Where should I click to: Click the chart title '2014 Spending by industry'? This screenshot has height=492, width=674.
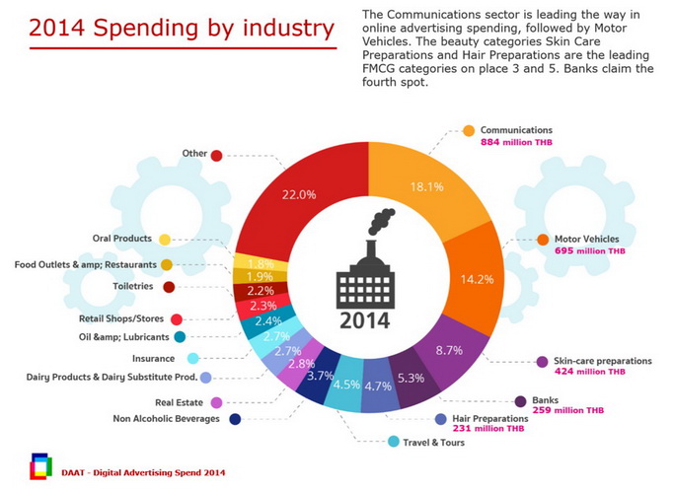click(x=181, y=28)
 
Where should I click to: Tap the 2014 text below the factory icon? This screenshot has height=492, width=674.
click(x=363, y=320)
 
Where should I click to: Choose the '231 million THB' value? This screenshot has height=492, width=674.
click(x=488, y=429)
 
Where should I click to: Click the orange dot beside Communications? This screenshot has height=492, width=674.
click(x=469, y=130)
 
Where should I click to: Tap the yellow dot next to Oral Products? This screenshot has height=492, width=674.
click(x=165, y=239)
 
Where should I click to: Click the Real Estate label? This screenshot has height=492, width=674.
click(x=178, y=402)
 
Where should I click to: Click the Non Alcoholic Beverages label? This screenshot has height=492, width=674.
click(x=166, y=419)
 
